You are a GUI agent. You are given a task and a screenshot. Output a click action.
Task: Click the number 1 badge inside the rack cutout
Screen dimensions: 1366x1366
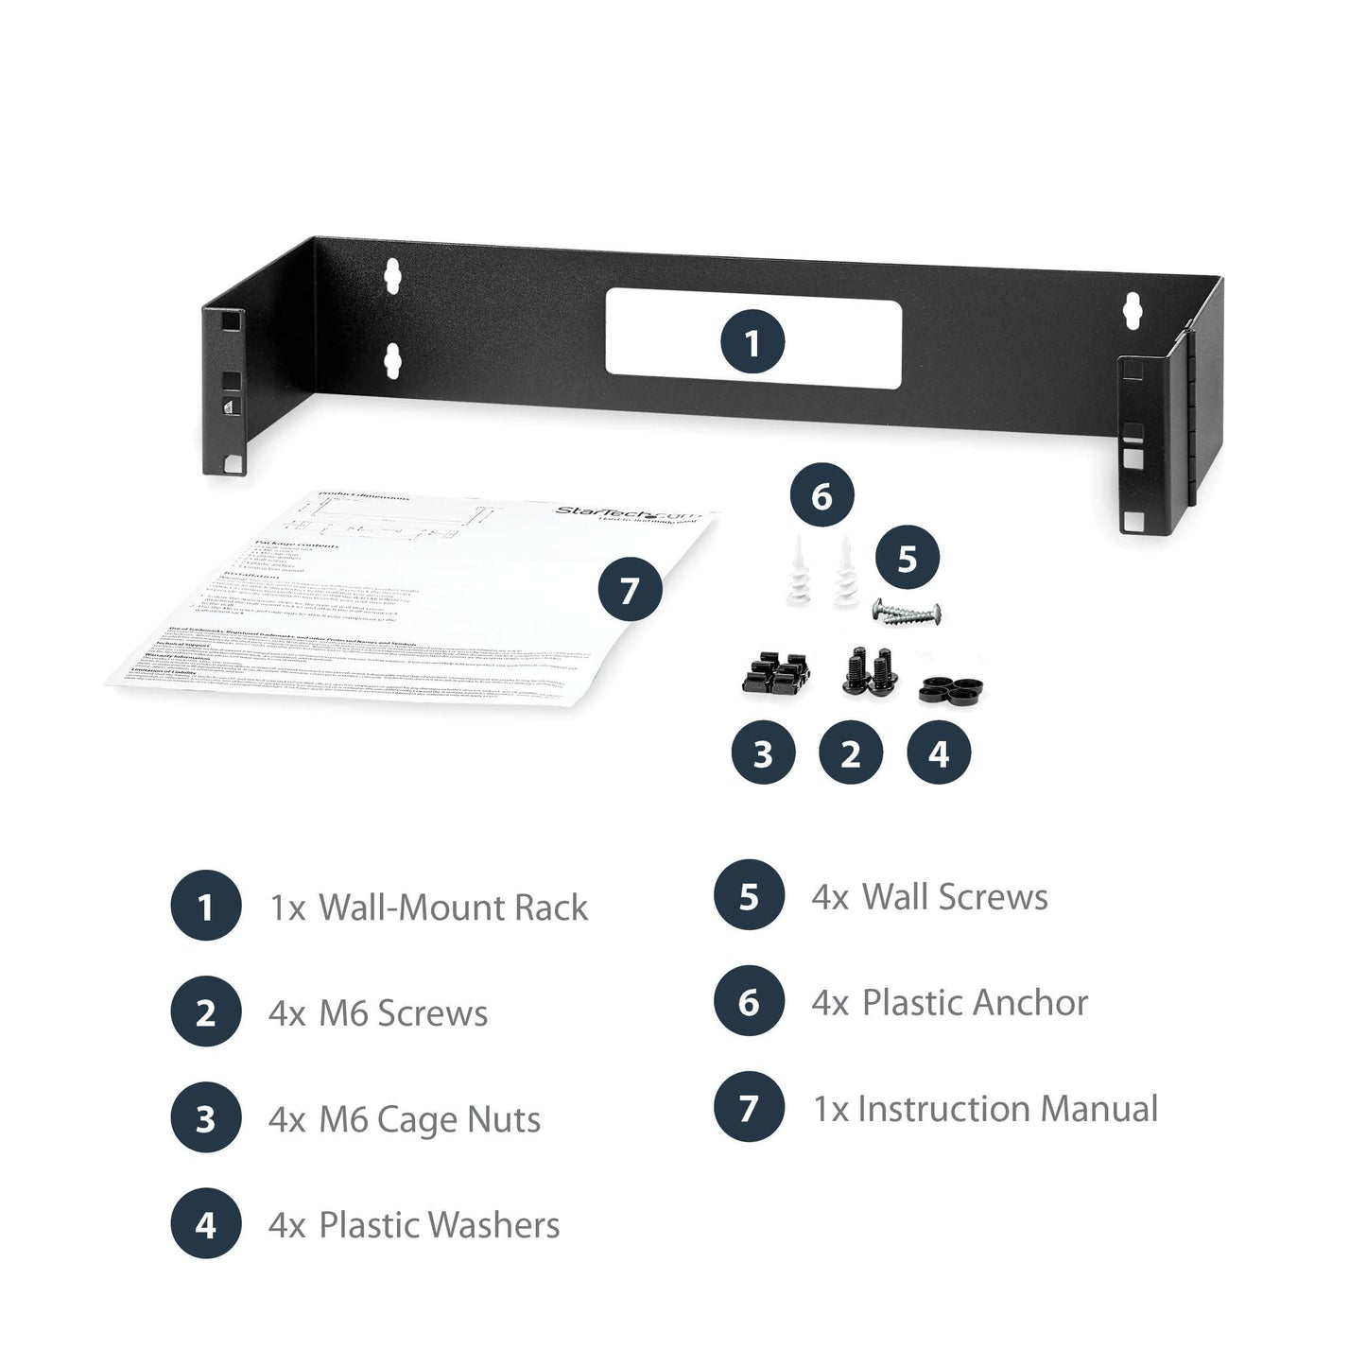click(752, 342)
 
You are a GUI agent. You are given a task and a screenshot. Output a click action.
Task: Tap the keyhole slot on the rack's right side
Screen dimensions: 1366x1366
click(1132, 311)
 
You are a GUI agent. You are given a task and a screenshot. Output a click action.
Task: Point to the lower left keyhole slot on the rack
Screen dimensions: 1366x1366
click(392, 359)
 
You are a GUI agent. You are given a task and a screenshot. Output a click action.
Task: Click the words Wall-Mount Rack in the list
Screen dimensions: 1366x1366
click(453, 908)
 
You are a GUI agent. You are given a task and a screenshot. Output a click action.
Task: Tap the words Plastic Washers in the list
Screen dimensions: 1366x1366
click(439, 1225)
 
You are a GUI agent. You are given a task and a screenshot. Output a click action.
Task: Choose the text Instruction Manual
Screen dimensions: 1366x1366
click(1007, 1108)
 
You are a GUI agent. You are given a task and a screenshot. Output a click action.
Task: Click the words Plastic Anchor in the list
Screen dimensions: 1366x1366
click(975, 1002)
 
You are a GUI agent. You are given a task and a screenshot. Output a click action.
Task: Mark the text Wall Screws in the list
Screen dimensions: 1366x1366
click(955, 896)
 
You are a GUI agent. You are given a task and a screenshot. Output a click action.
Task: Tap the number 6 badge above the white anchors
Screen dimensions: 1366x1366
click(821, 495)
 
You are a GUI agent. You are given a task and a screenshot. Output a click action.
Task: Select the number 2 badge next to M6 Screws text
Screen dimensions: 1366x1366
click(205, 1013)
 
